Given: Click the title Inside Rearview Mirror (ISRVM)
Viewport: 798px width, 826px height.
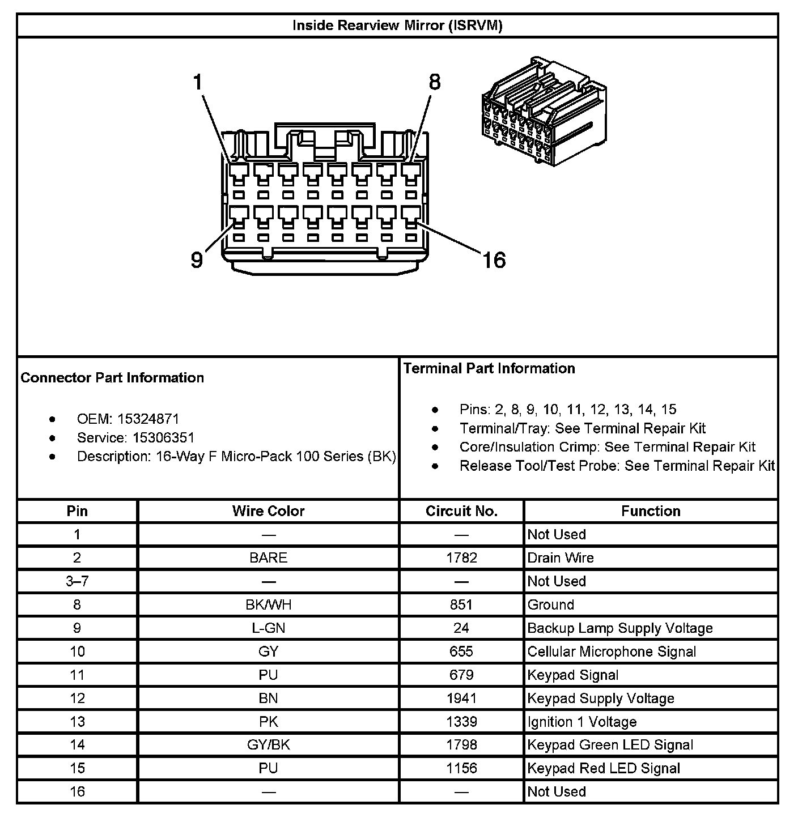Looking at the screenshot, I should click(x=397, y=25).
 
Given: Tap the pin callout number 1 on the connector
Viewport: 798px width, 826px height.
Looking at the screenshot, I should click(x=197, y=83).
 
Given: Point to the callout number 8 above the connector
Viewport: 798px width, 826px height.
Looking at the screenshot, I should click(x=435, y=83).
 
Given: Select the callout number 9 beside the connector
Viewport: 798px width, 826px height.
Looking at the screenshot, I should click(x=196, y=260).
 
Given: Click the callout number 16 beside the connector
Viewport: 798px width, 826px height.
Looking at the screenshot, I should click(x=494, y=260).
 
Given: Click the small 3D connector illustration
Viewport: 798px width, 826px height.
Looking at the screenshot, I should click(x=543, y=112).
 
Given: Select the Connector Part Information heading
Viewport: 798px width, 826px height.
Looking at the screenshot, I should click(x=112, y=378).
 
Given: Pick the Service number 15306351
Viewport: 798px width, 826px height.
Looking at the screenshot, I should click(x=163, y=438).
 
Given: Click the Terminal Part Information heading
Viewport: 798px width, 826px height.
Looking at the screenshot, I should click(x=489, y=369).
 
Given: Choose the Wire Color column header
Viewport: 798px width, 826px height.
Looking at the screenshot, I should click(x=268, y=511).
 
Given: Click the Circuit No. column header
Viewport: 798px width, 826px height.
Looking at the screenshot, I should click(x=461, y=511).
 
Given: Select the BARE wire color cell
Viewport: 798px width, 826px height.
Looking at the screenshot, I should click(x=268, y=558).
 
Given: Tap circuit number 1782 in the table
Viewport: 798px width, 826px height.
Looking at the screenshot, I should click(x=461, y=558).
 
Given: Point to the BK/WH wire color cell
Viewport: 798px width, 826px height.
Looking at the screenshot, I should click(x=268, y=605).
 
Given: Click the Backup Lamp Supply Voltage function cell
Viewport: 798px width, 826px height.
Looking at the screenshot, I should click(x=619, y=628).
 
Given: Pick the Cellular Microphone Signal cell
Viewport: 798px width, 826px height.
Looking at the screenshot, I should click(x=612, y=652).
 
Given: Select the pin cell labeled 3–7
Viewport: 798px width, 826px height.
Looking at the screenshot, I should click(x=77, y=581).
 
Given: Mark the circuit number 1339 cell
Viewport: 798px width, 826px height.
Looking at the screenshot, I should click(x=461, y=722).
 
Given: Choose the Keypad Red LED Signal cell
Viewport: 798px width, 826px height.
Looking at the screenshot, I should click(x=604, y=769).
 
